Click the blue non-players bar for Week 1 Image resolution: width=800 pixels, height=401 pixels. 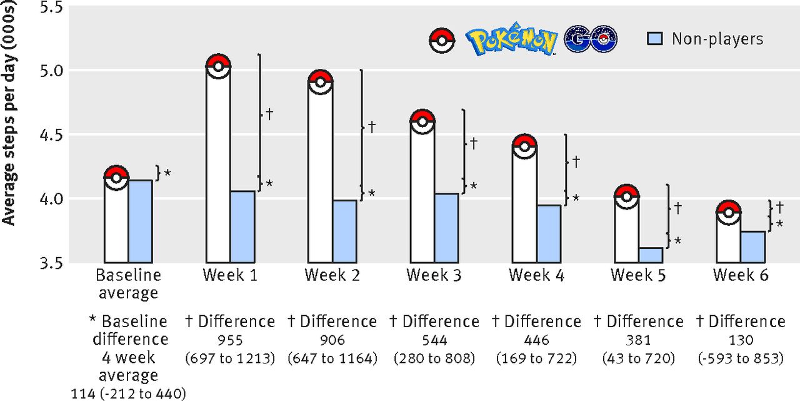242,227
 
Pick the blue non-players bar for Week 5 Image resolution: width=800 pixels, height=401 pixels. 651,255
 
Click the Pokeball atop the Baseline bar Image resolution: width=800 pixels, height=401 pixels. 116,178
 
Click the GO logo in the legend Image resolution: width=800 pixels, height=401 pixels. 590,39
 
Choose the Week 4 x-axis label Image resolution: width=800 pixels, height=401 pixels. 536,275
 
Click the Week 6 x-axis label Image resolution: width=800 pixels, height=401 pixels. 741,275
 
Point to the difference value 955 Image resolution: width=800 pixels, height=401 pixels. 230,341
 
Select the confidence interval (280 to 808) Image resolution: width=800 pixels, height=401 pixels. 434,359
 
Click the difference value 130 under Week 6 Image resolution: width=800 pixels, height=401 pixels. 741,341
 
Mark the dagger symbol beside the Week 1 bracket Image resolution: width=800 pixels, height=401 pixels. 269,114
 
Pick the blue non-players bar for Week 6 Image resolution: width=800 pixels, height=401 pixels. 753,247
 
